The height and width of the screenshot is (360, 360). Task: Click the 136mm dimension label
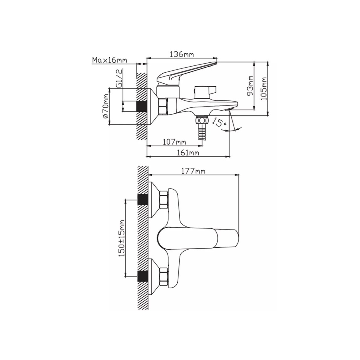point(181,54)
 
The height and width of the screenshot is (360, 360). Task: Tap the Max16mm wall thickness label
point(110,60)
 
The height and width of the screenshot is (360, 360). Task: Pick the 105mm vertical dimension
point(264,89)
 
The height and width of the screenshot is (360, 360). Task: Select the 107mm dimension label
point(175,142)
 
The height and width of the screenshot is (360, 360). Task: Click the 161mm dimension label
point(187,153)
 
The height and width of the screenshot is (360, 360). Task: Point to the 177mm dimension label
point(193,171)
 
